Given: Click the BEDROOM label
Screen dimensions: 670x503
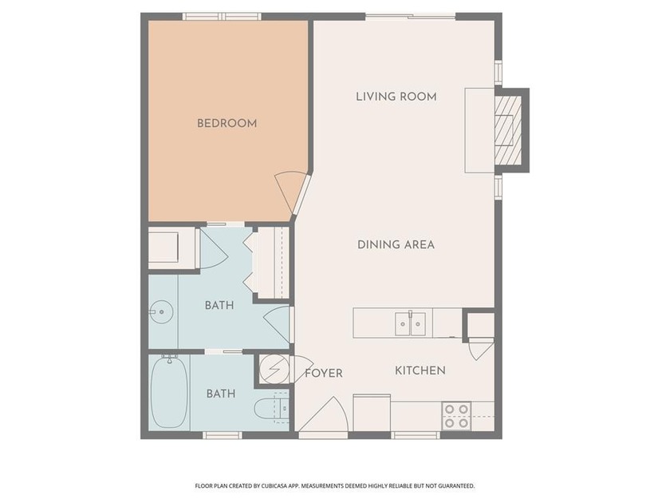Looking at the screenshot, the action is tap(227, 124).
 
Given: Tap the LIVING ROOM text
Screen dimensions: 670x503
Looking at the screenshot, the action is tap(396, 97).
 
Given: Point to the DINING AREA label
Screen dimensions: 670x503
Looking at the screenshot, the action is tap(396, 244).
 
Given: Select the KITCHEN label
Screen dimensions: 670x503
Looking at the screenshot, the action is tap(420, 370).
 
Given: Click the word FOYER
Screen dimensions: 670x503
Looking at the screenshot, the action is tap(324, 374).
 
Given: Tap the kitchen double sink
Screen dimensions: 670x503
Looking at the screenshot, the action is tap(410, 324).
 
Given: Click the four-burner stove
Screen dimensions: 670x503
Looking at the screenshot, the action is tap(456, 416).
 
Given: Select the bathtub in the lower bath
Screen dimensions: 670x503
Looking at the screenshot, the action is tap(169, 392).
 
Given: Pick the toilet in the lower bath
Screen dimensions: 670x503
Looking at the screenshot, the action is tap(271, 409).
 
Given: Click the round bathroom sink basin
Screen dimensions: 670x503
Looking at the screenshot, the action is tap(161, 312).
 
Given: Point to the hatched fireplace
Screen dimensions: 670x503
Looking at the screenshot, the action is tap(507, 130).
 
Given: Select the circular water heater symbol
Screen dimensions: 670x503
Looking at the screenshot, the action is tap(273, 368).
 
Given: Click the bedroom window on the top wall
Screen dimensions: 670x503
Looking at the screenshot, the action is tap(223, 17).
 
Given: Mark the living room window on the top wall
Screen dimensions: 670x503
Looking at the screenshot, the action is tap(411, 17).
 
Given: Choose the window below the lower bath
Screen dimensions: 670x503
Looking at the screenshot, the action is tap(223, 435).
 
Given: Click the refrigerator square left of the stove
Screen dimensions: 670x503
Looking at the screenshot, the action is tap(372, 412).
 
